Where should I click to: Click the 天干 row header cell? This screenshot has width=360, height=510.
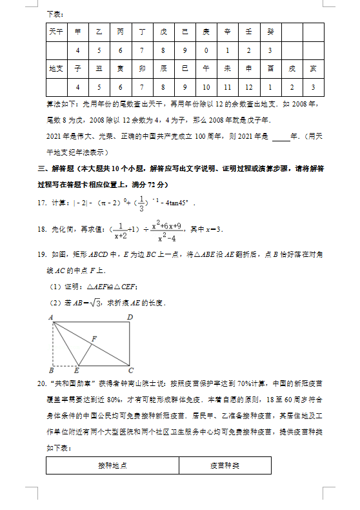click(x=56, y=31)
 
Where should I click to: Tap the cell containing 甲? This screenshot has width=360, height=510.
click(x=78, y=31)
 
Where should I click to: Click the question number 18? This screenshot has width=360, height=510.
click(x=42, y=230)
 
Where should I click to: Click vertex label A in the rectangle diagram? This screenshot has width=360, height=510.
click(x=50, y=317)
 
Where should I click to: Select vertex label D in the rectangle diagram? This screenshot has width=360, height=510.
click(x=130, y=317)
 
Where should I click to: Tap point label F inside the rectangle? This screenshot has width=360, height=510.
click(x=94, y=338)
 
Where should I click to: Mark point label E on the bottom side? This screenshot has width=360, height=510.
click(x=76, y=371)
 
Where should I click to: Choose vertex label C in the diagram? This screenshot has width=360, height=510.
click(x=130, y=371)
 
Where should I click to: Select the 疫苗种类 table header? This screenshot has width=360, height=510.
click(x=225, y=465)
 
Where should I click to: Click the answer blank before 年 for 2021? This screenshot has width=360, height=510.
click(x=281, y=136)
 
